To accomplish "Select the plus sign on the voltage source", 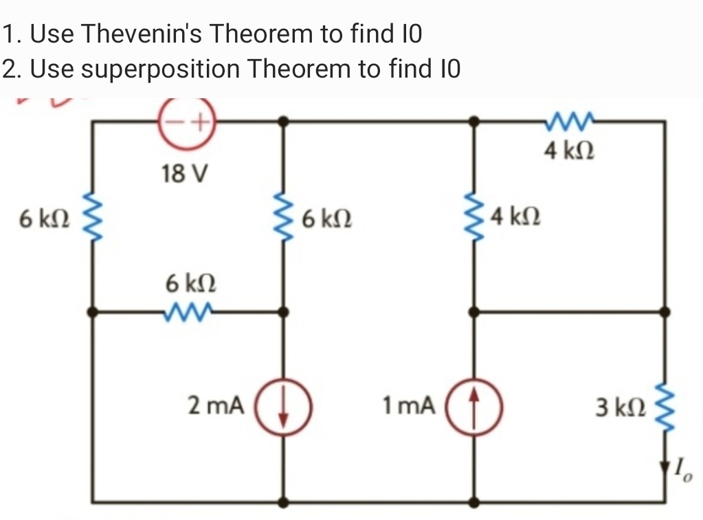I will (199, 124).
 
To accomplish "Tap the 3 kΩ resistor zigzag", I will (665, 405).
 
